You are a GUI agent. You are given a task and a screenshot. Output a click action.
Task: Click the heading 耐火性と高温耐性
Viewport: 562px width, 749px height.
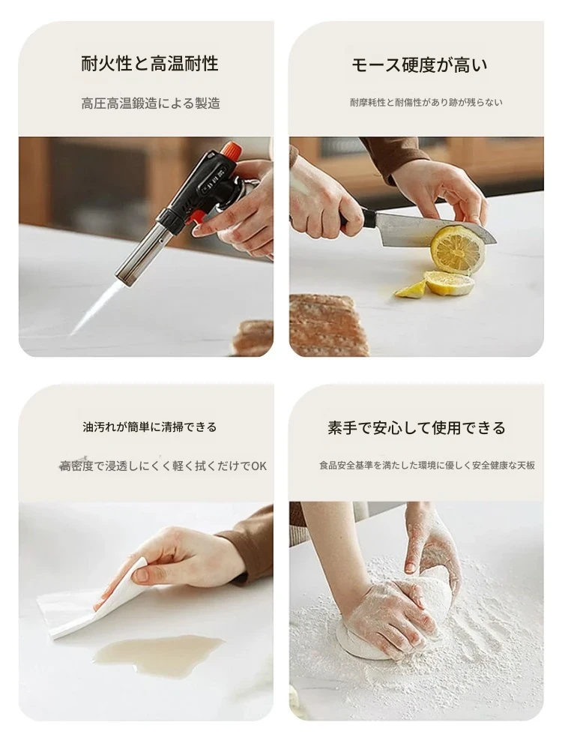click(149, 64)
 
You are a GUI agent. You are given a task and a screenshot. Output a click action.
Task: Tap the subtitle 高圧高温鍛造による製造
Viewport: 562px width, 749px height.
click(151, 103)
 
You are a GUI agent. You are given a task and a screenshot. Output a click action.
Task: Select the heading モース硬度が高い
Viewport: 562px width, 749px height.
click(420, 65)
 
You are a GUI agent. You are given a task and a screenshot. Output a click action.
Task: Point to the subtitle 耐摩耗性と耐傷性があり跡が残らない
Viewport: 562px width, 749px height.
click(426, 102)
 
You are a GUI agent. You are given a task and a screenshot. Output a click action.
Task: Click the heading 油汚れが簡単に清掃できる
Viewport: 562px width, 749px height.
click(149, 427)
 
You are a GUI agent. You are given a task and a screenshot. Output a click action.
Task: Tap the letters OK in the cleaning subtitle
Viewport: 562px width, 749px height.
click(259, 466)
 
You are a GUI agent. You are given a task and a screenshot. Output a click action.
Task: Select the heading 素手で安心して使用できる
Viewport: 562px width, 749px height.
click(417, 427)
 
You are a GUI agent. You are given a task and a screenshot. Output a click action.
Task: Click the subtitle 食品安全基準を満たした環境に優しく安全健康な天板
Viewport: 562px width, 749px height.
click(427, 466)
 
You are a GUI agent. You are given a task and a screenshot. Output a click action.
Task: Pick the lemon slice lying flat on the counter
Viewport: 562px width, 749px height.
click(450, 283)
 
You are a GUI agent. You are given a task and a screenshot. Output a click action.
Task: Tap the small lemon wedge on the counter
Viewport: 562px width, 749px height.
click(410, 289)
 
